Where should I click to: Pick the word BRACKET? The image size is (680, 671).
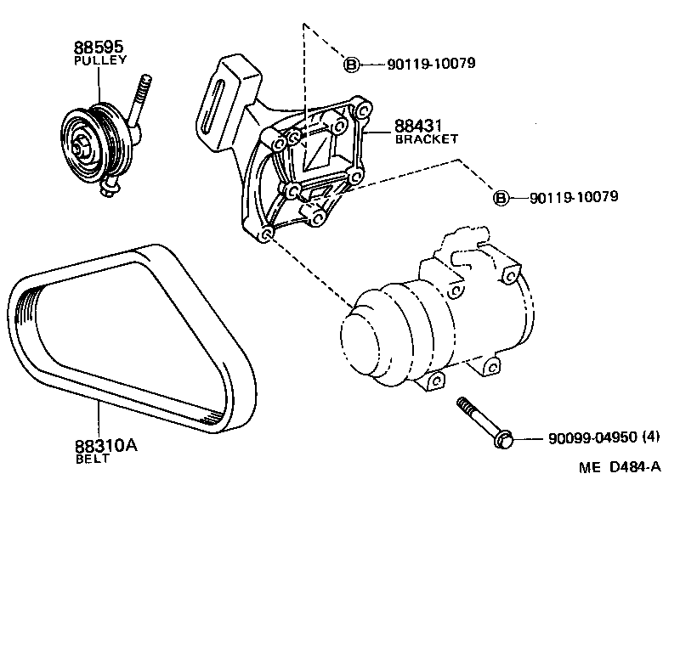[427, 139]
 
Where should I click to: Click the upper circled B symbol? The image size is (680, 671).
[352, 64]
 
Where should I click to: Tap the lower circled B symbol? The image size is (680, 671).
[501, 198]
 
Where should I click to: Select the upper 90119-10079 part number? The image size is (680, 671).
[429, 64]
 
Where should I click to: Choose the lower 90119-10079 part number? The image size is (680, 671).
[573, 197]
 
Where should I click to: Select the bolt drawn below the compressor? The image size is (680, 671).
[480, 420]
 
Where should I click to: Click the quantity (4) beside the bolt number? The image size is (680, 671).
[652, 439]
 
